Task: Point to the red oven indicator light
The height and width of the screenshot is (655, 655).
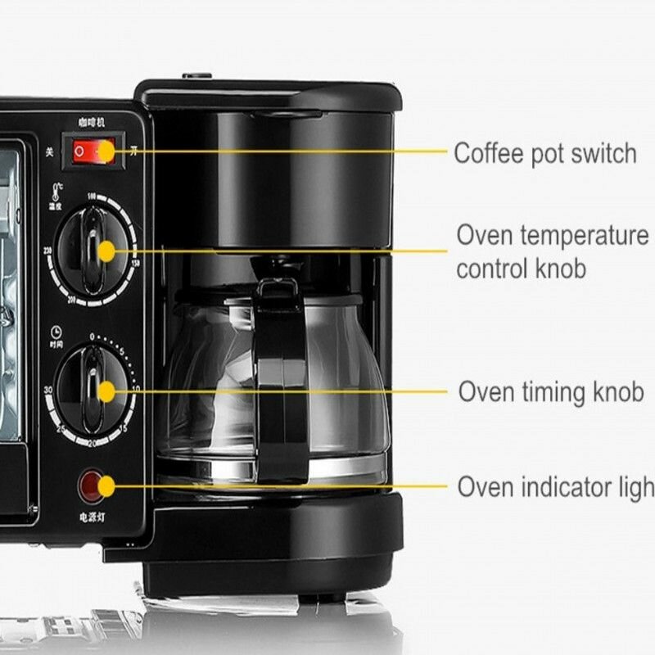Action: coord(93,486)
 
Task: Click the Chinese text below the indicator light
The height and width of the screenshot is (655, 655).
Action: coord(91,517)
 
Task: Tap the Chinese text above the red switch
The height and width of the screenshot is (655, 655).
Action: coord(91,123)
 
